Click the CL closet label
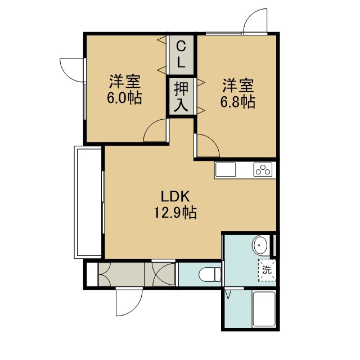pos(181,55)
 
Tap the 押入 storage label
pos(181,97)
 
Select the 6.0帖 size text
pos(124,98)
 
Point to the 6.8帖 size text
pos(238,102)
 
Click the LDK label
pos(175,196)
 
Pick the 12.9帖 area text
pos(175,213)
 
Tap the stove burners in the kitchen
pos(263,170)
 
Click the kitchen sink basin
pos(226,170)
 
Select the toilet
pos(210,274)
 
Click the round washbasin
pos(260,245)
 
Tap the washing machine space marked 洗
pos(267,270)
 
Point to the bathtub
pos(264,309)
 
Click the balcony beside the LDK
pos(88,202)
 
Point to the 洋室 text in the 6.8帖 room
pos(238,85)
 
